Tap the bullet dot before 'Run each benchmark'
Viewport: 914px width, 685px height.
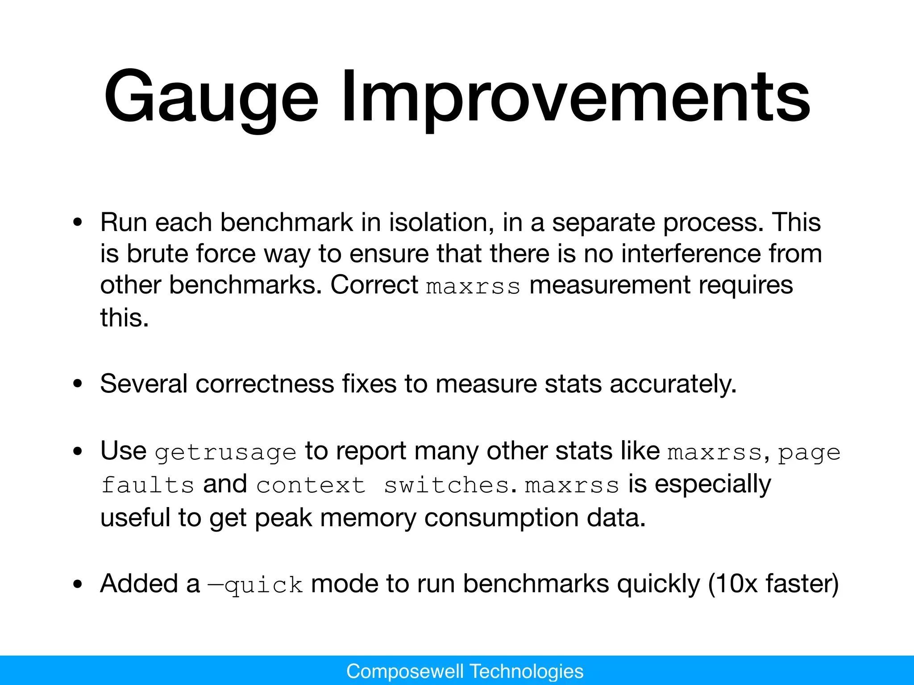point(78,222)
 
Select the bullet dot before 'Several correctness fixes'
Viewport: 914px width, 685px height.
point(78,384)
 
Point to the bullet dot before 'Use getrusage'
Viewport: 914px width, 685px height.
point(78,451)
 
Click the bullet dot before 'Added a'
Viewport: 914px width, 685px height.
point(78,584)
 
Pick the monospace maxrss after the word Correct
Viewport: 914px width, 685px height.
point(473,286)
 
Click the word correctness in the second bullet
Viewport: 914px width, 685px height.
point(264,384)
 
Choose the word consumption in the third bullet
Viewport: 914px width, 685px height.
point(501,517)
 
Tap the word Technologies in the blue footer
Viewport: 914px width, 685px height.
point(527,671)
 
